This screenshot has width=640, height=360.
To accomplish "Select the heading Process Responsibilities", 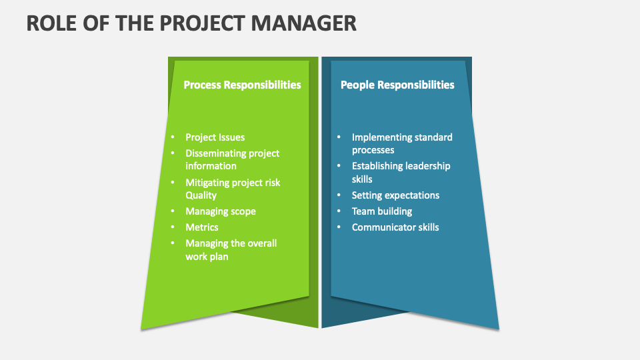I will (242, 85).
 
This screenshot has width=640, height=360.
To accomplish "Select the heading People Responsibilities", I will (397, 85).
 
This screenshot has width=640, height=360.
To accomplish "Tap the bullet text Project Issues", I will (215, 137).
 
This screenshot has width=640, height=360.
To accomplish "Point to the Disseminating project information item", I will (232, 159).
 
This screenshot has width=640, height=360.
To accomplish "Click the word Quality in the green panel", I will (201, 195).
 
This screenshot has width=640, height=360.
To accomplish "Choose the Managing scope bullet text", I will (220, 211).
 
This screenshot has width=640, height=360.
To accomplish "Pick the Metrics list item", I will (201, 227).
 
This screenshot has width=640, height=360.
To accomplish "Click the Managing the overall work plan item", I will (231, 249).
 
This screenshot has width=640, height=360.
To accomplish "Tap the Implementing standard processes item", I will (402, 143).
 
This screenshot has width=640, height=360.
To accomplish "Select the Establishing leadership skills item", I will (401, 172).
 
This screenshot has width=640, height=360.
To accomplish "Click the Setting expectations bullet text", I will (395, 195).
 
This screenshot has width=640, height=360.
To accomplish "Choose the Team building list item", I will (382, 211).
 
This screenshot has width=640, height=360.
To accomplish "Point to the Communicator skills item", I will (395, 227).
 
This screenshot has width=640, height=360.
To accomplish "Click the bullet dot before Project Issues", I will (172, 137).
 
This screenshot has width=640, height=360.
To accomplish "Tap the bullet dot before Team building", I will (339, 211).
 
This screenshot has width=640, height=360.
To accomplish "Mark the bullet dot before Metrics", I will (172, 227).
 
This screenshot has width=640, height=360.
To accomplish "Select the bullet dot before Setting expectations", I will (339, 195).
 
